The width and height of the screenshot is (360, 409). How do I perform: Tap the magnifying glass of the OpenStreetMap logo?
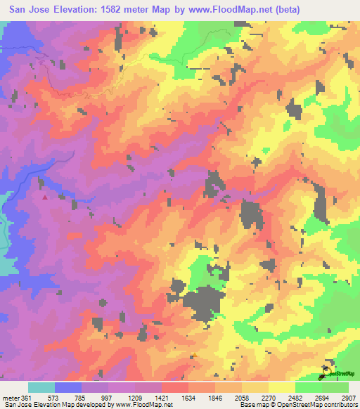point(328,368)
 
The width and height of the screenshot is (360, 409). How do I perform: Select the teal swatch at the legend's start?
point(41,387)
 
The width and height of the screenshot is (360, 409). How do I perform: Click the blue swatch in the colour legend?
point(68,387)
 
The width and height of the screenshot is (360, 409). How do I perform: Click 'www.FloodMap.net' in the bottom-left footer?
point(143,405)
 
